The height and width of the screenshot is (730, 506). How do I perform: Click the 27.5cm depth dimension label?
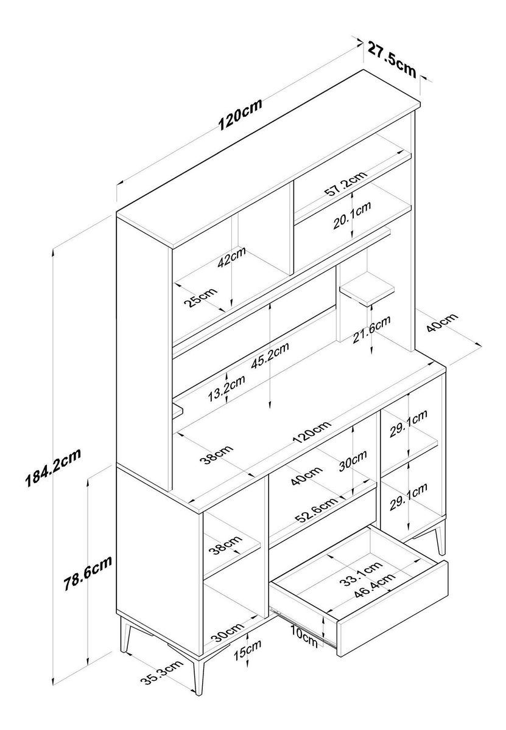point(392,58)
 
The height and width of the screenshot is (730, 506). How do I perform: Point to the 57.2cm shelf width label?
point(345,185)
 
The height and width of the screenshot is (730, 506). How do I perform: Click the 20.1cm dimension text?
point(352,216)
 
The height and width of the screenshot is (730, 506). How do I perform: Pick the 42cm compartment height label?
point(231,258)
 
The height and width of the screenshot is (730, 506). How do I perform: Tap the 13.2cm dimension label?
point(227,389)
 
